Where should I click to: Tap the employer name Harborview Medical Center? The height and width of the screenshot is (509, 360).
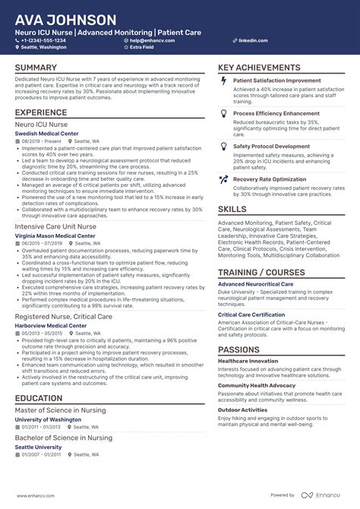coord(50,325)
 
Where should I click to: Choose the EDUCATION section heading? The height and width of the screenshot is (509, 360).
coord(39,398)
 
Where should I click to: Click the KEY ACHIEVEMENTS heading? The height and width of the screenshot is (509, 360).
coord(259,68)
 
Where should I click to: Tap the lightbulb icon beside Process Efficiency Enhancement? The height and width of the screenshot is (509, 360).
coord(223,113)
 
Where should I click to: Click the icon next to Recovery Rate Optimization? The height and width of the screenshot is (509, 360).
coord(223,180)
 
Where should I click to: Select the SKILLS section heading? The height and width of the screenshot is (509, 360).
coord(232,209)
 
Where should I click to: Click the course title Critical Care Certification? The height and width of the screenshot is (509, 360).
coord(251,315)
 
